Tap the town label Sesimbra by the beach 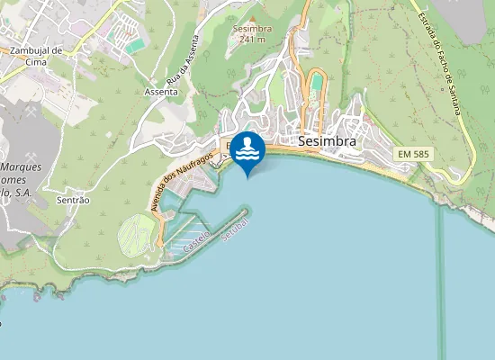(327, 141)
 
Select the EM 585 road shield (414, 155)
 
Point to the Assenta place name (160, 92)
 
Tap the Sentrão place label (73, 199)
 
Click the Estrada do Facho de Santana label (443, 61)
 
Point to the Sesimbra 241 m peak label (251, 34)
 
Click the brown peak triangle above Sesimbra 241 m (252, 18)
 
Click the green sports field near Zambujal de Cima (135, 45)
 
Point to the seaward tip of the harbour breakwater (244, 213)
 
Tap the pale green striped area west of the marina (135, 233)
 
